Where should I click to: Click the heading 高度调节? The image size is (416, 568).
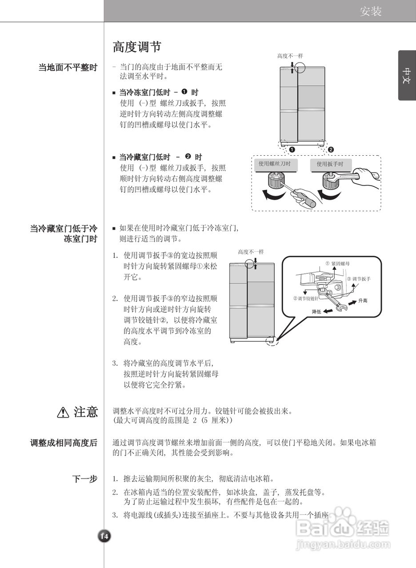[x=136, y=47]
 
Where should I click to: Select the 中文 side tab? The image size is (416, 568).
[x=407, y=75]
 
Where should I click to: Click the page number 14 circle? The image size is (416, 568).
[x=104, y=536]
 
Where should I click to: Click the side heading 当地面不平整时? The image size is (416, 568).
[x=68, y=68]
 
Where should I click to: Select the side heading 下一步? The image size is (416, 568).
[x=84, y=479]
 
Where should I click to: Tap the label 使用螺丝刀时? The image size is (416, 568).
[x=275, y=164]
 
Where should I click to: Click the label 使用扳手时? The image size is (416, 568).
[x=330, y=164]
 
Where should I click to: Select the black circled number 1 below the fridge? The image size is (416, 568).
[x=292, y=150]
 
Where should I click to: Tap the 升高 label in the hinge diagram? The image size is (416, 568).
[x=363, y=301]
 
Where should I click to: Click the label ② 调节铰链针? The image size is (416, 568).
[x=306, y=298]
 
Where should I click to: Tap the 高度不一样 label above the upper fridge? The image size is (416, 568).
[x=290, y=56]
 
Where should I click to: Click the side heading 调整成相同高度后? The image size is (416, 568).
[x=64, y=443]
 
